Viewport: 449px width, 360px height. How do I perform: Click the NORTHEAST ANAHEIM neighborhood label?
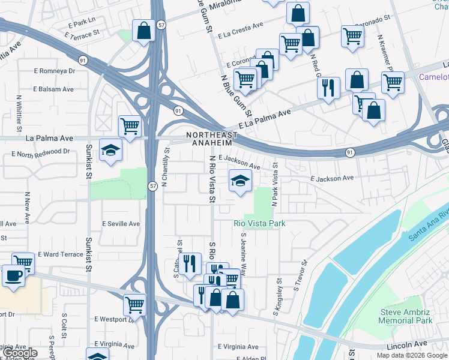(208, 138)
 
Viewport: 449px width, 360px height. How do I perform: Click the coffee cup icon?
(13, 276)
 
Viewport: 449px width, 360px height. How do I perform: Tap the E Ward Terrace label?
(61, 254)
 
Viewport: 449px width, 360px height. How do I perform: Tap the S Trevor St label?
(301, 275)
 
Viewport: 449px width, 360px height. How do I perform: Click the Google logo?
(21, 353)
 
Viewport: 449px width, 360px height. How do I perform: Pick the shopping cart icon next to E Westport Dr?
(134, 304)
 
